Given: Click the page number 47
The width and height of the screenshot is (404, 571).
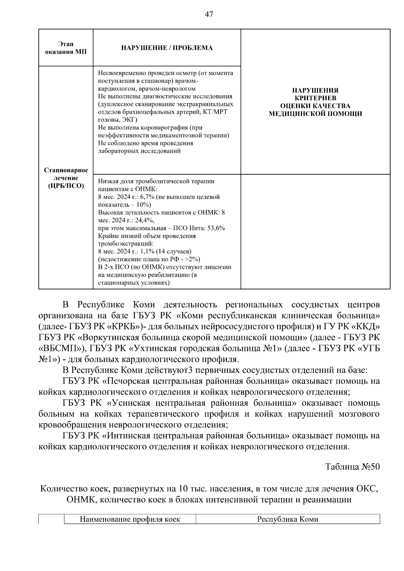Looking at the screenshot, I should click(209, 14).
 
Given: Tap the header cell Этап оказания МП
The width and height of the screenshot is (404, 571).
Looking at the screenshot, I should click(66, 48).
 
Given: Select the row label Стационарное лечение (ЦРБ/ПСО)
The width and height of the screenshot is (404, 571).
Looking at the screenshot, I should click(66, 178).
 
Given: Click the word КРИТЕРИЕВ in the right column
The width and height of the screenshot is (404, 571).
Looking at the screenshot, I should click(315, 98).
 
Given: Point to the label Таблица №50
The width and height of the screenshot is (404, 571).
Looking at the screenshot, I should click(352, 467).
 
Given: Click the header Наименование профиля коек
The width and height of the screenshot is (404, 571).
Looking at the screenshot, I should click(130, 519).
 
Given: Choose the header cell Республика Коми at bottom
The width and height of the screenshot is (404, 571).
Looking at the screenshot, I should click(288, 519).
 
